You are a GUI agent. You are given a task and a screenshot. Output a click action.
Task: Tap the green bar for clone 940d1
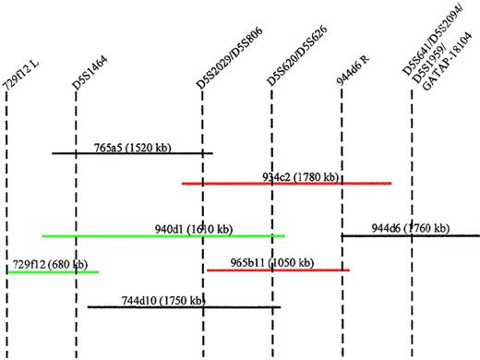(92, 235)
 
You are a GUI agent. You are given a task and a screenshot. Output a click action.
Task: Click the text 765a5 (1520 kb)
(134, 146)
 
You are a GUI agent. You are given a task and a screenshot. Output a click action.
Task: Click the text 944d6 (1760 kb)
(411, 228)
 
